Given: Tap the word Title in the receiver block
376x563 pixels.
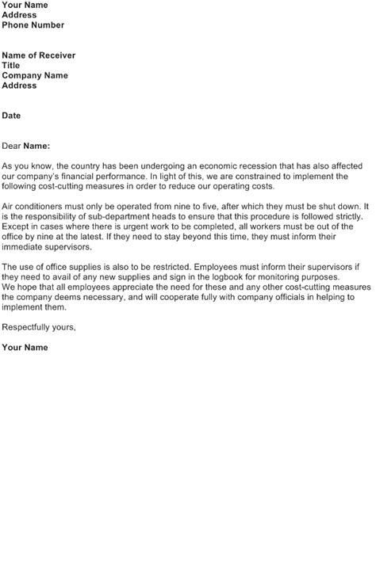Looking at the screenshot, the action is (x=11, y=66).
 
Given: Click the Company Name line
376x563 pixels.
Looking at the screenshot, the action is (x=35, y=76).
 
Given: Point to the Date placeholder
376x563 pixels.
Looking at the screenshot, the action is (x=11, y=116).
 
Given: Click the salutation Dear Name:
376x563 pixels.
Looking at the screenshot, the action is (x=26, y=146).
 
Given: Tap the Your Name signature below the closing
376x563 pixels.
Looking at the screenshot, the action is (x=25, y=348).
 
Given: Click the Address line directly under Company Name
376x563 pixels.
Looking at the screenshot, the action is (x=19, y=86).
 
